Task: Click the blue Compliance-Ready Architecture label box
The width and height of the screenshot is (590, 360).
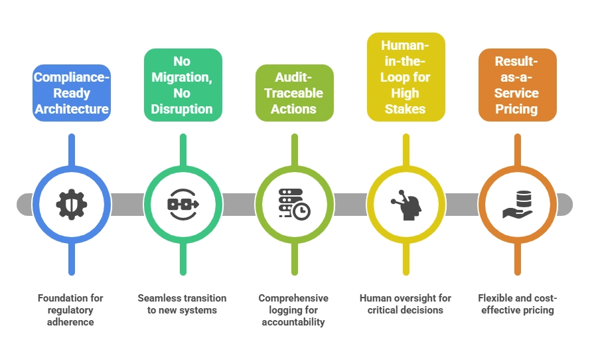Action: tap(72, 94)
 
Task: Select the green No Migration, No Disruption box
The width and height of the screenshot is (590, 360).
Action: tap(183, 85)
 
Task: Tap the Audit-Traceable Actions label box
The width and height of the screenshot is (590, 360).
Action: tap(293, 94)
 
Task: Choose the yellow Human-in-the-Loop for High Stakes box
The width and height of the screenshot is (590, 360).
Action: tap(405, 77)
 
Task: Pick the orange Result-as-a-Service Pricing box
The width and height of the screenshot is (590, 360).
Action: tap(516, 85)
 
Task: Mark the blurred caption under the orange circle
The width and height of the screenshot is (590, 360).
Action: tap(516, 303)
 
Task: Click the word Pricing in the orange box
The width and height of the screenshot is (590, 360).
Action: tap(516, 108)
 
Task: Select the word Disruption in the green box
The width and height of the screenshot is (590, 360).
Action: tap(183, 108)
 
